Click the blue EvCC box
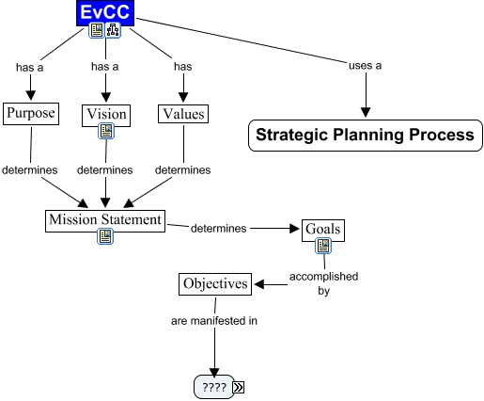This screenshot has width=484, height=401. tap(105, 13)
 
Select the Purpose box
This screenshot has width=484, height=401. tap(31, 114)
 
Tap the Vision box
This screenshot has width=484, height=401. tap(106, 116)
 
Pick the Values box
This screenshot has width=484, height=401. tap(183, 114)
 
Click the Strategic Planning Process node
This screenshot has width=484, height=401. tap(366, 136)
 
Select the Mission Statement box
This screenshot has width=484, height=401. tap(105, 221)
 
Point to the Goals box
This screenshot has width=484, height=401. tap(323, 231)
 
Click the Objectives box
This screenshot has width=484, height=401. tap(215, 284)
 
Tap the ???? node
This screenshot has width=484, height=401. tap(214, 387)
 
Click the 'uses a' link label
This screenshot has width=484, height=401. tap(366, 66)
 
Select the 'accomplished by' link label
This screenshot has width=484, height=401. tap(323, 283)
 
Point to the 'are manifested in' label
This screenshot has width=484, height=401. tap(214, 321)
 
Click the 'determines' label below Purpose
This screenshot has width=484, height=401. tap(30, 170)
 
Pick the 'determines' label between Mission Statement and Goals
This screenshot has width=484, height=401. tap(219, 228)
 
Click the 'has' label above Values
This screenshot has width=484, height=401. tap(183, 67)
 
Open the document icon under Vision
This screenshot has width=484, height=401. tap(106, 131)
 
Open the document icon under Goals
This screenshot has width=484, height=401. tap(323, 246)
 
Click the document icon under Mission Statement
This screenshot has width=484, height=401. tap(105, 236)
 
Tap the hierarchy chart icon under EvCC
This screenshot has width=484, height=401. tap(113, 30)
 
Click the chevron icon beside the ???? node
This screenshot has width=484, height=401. tap(239, 387)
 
